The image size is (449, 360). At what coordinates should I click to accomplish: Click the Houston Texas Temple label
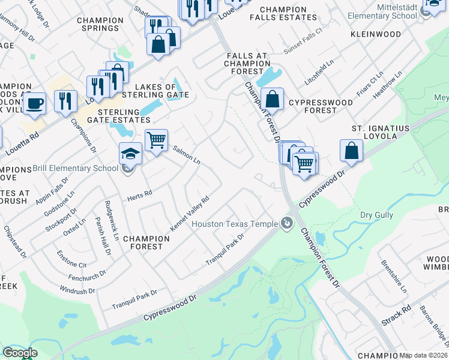click(234, 224)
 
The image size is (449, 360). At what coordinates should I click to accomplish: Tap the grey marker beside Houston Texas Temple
click(287, 224)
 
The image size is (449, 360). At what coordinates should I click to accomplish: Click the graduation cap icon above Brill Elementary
click(130, 154)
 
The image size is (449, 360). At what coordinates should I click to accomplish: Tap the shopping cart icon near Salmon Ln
click(156, 141)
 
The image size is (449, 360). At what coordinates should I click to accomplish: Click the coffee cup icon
click(35, 103)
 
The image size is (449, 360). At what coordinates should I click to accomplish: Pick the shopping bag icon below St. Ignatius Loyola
click(352, 151)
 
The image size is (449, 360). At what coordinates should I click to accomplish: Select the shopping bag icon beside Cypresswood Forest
click(272, 98)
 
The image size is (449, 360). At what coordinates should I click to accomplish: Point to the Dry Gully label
click(376, 215)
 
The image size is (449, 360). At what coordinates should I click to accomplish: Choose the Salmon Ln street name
click(186, 155)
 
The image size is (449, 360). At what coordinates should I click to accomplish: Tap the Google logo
click(19, 353)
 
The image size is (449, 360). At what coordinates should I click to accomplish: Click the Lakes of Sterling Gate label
click(155, 91)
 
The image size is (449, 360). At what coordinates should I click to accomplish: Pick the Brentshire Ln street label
click(394, 276)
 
